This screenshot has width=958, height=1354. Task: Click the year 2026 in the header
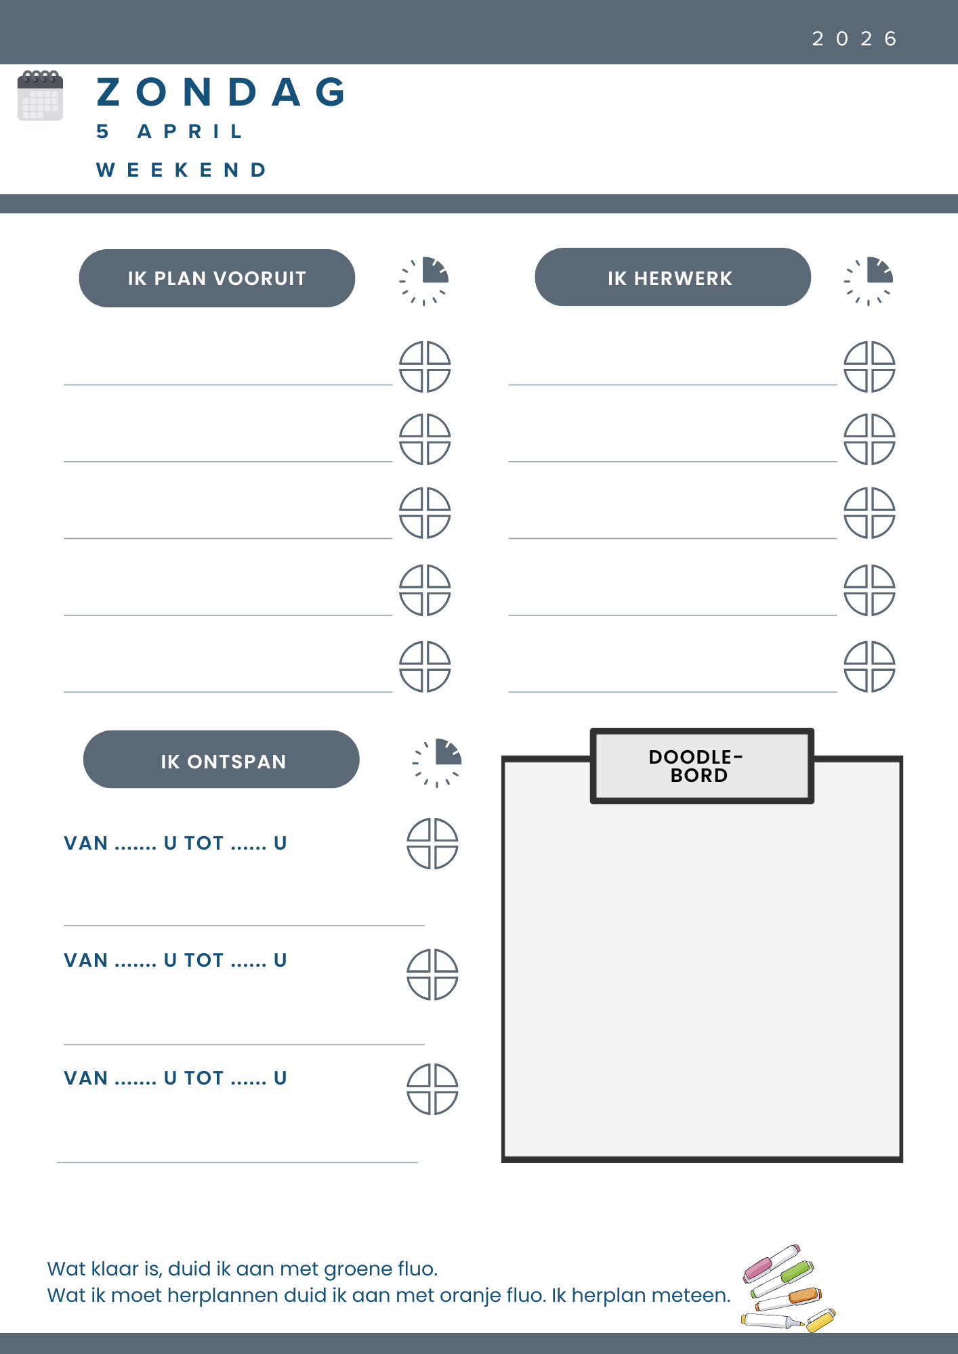854,39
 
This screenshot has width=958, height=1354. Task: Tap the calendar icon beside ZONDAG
40,95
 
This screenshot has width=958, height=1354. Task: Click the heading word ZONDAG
222,92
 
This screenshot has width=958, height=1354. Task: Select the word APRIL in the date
190,131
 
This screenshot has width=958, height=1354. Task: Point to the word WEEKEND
182,170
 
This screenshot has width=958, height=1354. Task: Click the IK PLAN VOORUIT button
217,278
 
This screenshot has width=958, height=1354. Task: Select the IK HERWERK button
672,278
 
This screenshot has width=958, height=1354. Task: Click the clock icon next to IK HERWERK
869,280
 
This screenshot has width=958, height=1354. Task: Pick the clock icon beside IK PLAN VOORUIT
425,280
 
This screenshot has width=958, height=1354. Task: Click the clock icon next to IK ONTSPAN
437,762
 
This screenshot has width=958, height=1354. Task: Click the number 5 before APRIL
102,131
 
